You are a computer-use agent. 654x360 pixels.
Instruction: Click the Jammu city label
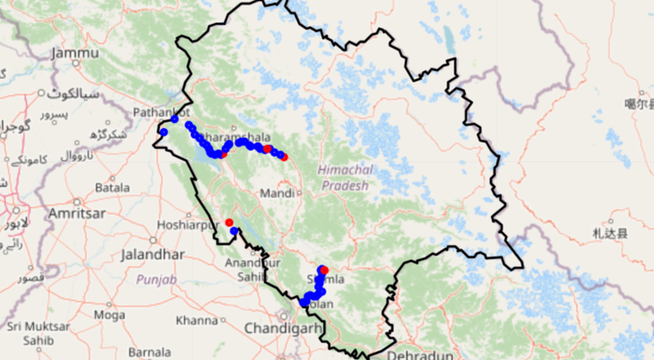click(75, 53)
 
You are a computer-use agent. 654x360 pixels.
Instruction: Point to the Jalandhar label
click(153, 255)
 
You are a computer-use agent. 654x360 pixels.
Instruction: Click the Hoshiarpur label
click(187, 225)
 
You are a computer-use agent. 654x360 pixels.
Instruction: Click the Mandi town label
click(277, 193)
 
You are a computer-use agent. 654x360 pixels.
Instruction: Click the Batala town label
click(112, 189)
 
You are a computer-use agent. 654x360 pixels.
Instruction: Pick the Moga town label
click(109, 315)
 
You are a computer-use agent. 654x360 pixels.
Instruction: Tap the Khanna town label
click(197, 320)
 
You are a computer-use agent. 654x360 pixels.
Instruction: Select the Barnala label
click(150, 351)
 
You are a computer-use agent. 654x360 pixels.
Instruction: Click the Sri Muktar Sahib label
click(29, 332)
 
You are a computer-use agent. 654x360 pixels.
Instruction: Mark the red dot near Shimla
click(324, 271)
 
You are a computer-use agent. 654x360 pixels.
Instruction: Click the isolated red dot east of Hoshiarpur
click(228, 223)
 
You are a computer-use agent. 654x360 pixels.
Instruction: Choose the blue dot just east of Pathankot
click(174, 119)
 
